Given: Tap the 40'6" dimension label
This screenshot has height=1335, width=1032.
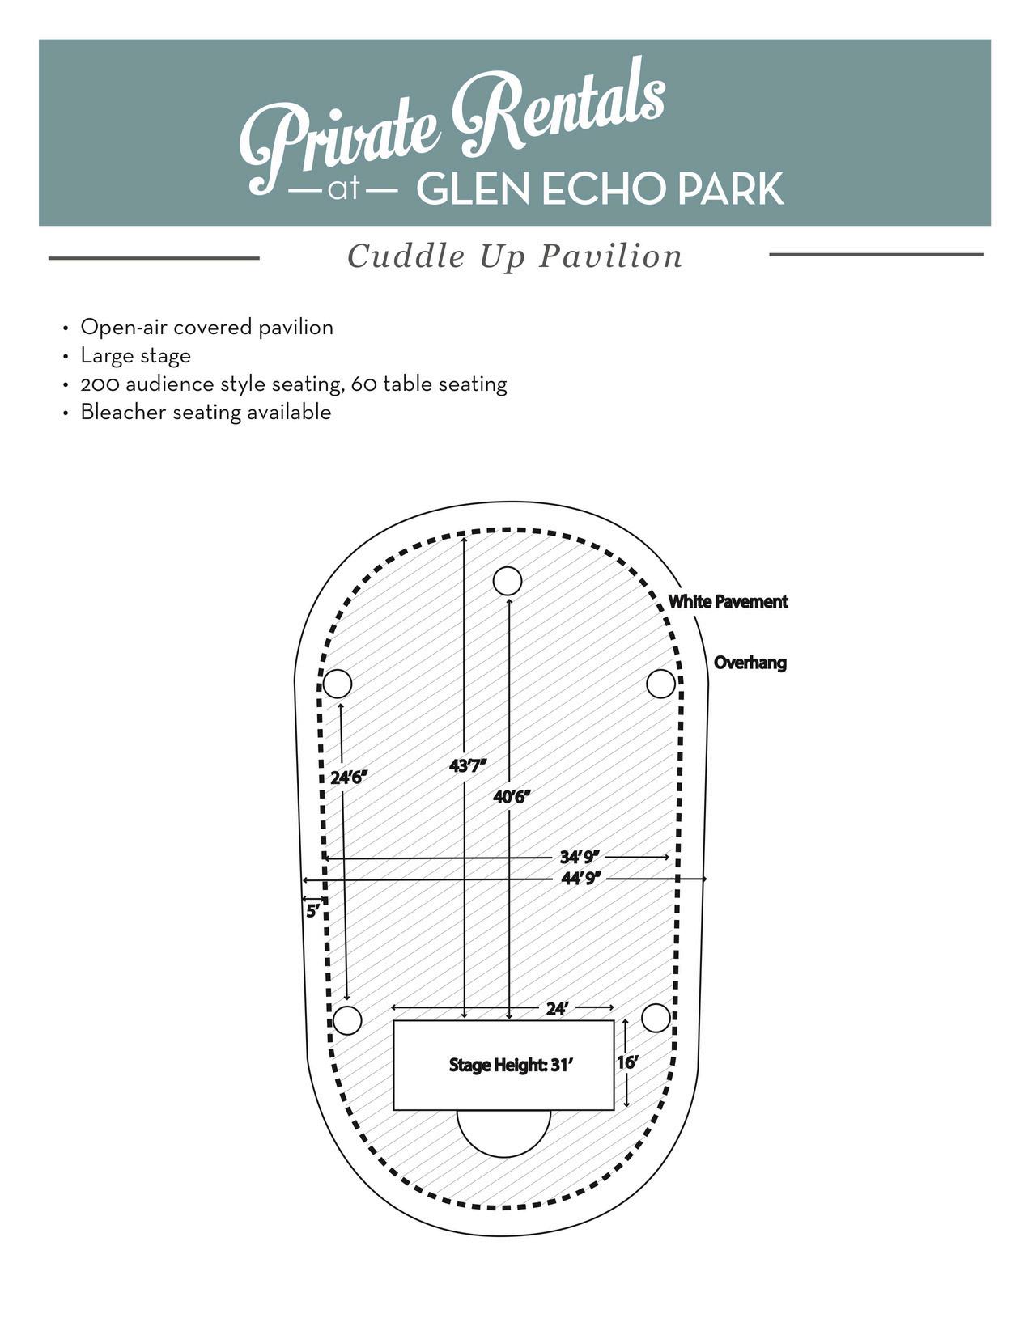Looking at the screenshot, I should (x=512, y=797).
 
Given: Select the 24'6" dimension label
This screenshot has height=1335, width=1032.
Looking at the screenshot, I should (x=349, y=778).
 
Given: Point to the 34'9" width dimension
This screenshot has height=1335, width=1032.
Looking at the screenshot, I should (x=580, y=857).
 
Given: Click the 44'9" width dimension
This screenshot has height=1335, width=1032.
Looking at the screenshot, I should (x=581, y=879).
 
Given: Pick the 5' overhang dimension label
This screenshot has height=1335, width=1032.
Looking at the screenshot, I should (x=313, y=912).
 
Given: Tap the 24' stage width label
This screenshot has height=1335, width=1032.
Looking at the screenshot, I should (x=557, y=1008).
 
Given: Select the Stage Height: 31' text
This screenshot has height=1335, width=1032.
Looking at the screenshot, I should (x=511, y=1065).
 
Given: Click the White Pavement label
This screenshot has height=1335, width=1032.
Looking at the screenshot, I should (x=728, y=602).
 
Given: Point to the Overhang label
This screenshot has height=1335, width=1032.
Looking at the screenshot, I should (x=750, y=663).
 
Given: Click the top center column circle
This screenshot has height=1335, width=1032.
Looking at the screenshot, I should (x=507, y=581).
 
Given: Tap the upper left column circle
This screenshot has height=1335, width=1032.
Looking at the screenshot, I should (x=338, y=683).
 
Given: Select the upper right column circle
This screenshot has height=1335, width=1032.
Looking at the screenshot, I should (x=660, y=683).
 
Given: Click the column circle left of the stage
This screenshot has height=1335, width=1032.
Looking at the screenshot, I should (x=347, y=1020).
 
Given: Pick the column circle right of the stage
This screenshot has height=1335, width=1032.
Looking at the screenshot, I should (x=656, y=1018).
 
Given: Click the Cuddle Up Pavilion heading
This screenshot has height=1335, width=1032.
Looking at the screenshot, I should (x=515, y=256).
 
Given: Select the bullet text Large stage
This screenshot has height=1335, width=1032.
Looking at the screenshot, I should (x=135, y=356).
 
